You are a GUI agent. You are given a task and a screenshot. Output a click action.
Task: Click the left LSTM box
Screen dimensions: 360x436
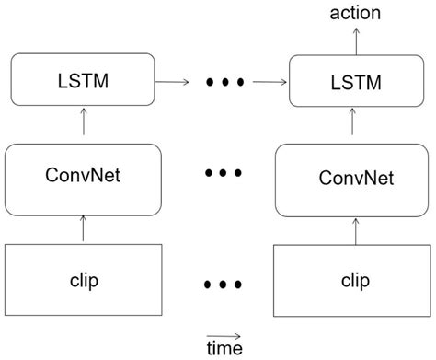[x=83, y=80]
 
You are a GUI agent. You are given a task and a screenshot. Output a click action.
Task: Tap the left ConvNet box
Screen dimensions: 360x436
[x=83, y=176]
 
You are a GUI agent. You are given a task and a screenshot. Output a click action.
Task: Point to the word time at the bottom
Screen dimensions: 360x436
[x=224, y=348]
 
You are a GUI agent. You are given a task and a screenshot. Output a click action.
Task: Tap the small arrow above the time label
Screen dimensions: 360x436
[x=224, y=334]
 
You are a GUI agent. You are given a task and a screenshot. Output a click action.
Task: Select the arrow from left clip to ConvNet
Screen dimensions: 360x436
[x=83, y=227]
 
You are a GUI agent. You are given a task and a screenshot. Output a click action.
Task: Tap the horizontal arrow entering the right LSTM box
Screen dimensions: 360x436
[x=268, y=81]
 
